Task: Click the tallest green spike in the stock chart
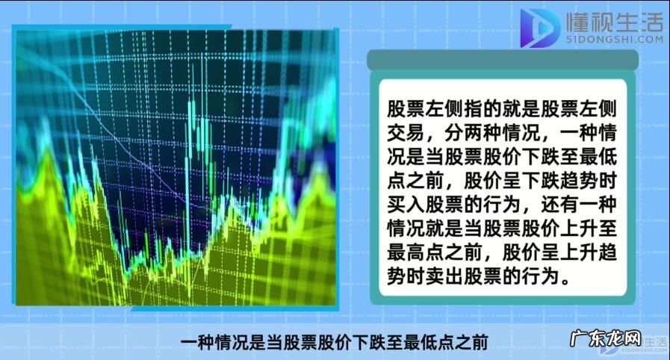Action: (193, 97)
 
